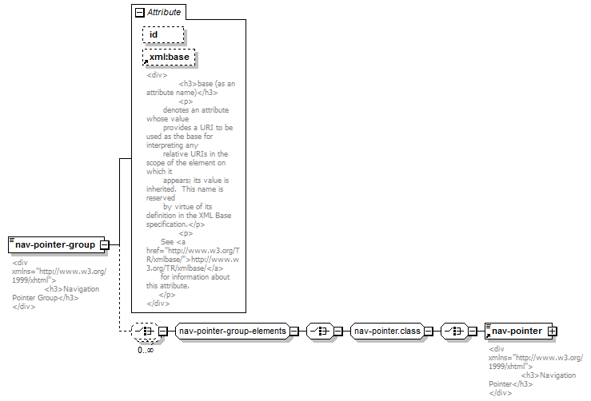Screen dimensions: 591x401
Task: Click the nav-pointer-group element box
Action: coord(56,244)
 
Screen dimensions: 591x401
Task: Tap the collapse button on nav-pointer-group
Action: coord(105,245)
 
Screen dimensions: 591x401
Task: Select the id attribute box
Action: coord(163,34)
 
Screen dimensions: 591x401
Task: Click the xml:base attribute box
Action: coord(169,58)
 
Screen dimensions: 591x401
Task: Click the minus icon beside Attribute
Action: coord(139,13)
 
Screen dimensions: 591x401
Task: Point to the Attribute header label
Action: coord(164,12)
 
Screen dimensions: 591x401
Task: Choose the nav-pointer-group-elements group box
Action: coord(233,331)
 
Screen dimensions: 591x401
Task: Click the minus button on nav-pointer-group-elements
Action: coord(294,332)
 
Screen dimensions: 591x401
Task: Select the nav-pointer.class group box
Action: coord(387,331)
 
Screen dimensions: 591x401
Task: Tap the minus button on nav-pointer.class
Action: coord(429,332)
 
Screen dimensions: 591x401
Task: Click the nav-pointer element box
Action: coord(519,331)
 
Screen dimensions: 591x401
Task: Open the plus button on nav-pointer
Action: coord(552,332)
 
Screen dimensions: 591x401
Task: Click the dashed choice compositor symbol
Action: coord(146,332)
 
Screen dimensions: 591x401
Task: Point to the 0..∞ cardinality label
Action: coord(146,350)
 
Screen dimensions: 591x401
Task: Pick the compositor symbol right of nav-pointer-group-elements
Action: coord(320,332)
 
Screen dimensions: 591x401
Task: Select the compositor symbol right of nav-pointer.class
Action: coord(454,332)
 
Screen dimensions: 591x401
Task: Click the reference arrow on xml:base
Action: coord(146,62)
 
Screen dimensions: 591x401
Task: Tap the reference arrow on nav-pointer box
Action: coord(488,335)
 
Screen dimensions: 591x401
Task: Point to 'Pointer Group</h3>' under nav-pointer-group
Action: coord(46,298)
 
